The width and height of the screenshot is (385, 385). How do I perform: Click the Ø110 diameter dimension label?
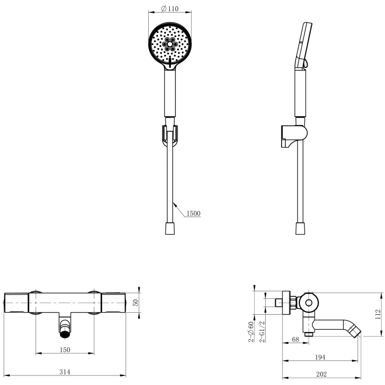click(x=170, y=9)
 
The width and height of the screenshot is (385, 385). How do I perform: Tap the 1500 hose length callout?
click(x=193, y=213)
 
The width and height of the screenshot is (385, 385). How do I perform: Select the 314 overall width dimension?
click(x=64, y=372)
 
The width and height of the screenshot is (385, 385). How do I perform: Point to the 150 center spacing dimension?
click(x=65, y=350)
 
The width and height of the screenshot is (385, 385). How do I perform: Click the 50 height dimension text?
click(x=136, y=303)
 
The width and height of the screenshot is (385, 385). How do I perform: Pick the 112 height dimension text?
click(x=378, y=314)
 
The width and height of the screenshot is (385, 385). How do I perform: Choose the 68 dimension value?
click(x=295, y=339)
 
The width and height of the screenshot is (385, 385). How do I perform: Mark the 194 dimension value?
click(x=320, y=357)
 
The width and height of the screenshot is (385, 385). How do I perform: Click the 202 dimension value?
click(x=321, y=374)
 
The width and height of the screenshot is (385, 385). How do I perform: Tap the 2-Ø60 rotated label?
click(x=251, y=332)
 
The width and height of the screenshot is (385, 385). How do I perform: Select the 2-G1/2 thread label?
click(x=262, y=332)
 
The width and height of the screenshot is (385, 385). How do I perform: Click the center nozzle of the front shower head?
click(x=170, y=44)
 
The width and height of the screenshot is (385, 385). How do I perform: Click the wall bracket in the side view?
click(x=294, y=136)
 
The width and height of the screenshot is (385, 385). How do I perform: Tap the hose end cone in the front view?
click(x=170, y=228)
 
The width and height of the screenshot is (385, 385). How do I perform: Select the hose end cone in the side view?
click(x=300, y=228)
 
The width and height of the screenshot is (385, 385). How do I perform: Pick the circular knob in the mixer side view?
click(x=309, y=303)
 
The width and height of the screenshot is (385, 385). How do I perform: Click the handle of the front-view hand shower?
click(x=170, y=93)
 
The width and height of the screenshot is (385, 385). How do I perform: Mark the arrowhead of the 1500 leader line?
click(x=174, y=204)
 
